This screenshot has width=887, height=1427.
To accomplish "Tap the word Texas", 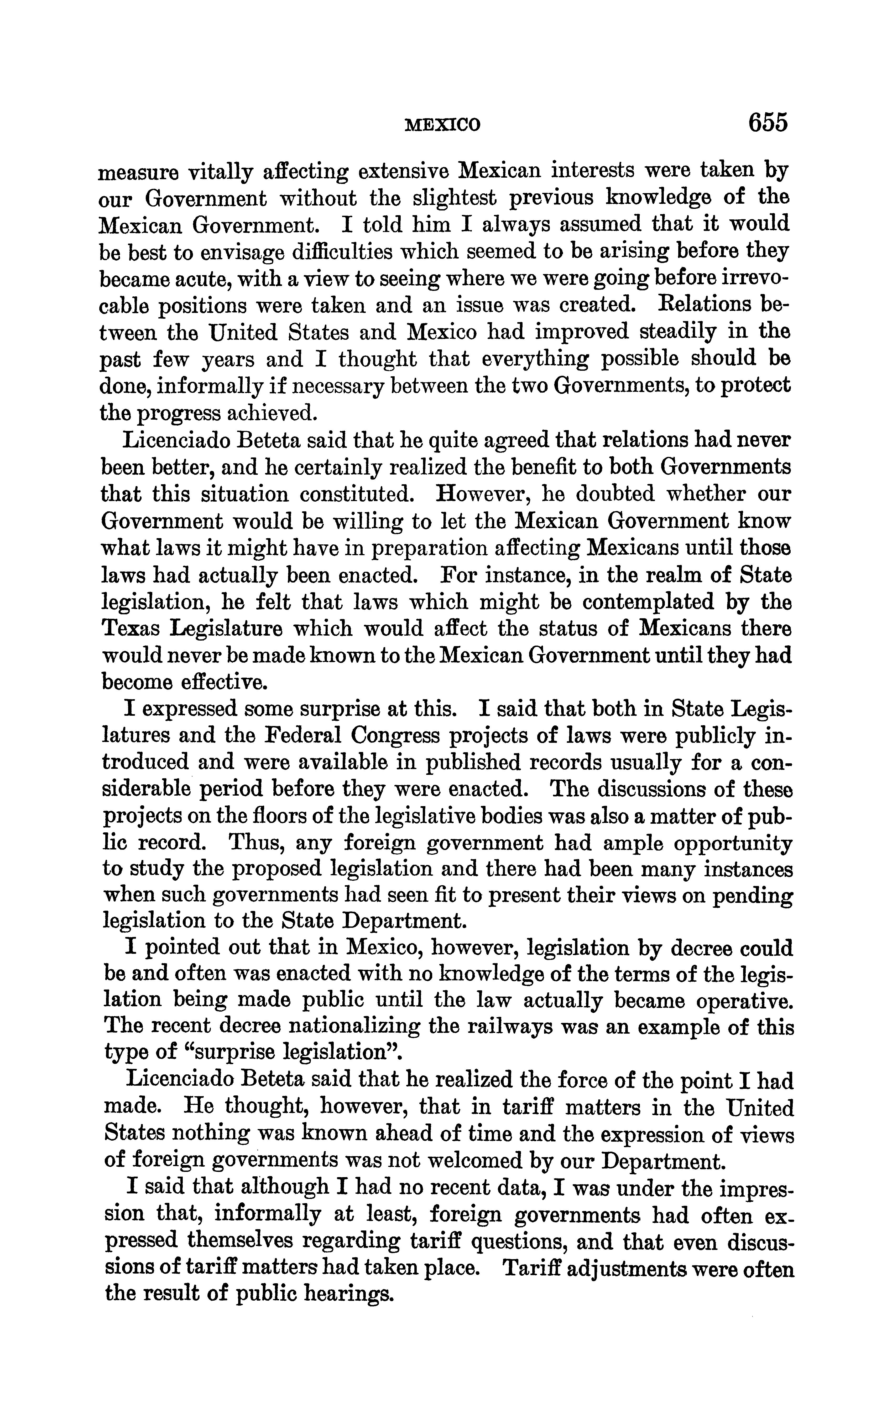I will pyautogui.click(x=129, y=629).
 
